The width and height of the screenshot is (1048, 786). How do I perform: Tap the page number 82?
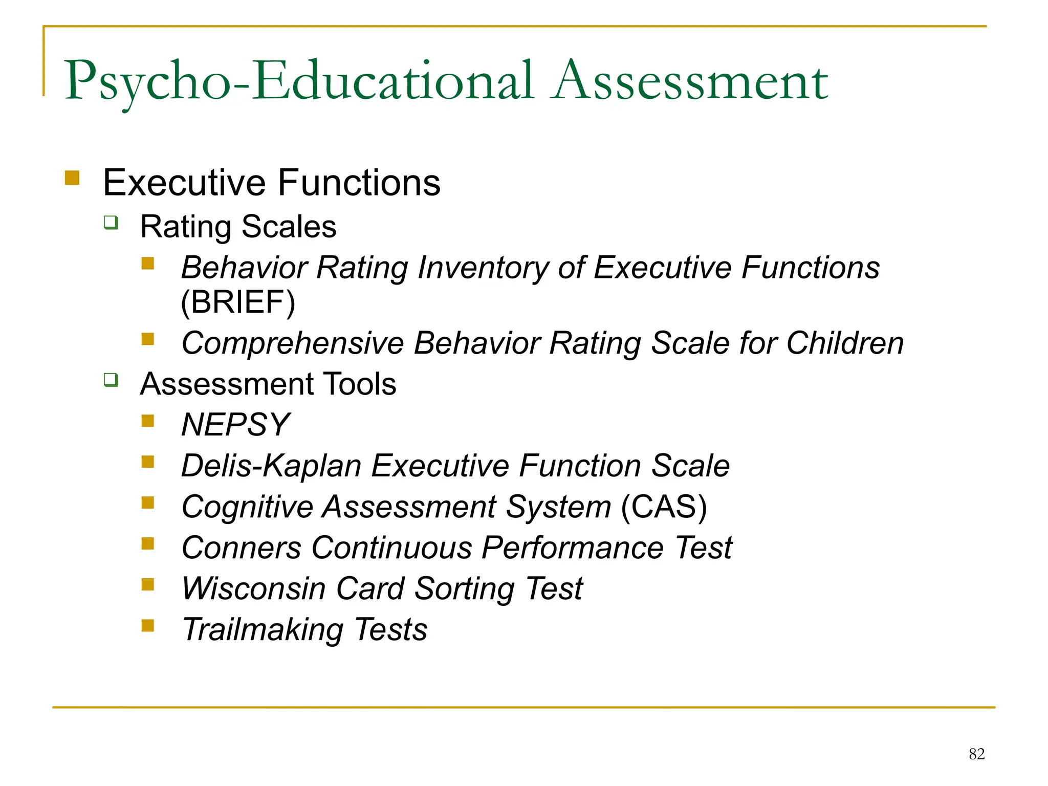976,754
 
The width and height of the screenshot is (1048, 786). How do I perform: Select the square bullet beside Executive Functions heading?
72,178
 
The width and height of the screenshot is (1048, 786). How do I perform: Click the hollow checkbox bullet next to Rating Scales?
111,223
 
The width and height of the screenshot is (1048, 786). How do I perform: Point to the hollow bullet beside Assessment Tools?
111,380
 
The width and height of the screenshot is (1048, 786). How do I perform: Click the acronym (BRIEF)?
238,302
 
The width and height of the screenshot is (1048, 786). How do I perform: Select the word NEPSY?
235,425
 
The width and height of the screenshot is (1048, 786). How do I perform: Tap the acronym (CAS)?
664,507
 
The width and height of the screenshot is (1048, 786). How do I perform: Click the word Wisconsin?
254,588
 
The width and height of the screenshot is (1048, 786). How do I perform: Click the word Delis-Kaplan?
272,466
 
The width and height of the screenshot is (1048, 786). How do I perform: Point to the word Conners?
242,548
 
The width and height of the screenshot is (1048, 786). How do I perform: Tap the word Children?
845,343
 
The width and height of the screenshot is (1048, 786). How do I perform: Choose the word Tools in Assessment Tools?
360,384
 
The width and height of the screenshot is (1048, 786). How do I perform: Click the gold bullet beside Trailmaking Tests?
148,625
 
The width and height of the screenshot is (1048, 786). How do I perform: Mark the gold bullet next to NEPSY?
148,421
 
